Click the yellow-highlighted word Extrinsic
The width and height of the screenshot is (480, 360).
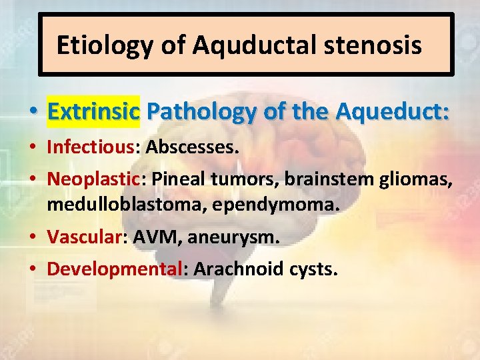click(x=93, y=111)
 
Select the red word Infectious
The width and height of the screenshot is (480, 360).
click(x=90, y=147)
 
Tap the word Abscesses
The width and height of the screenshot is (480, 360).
click(x=191, y=147)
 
